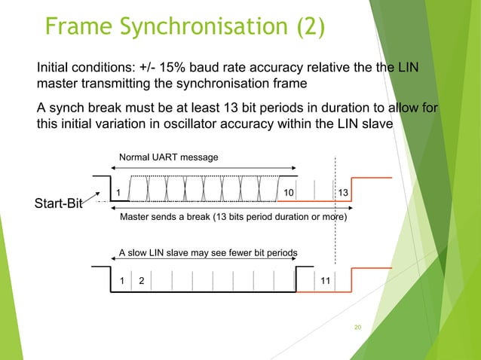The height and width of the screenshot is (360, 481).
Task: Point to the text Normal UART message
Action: point(168,157)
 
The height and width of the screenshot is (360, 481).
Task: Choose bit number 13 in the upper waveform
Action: point(344,194)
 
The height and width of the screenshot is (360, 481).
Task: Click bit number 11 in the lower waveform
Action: point(325,280)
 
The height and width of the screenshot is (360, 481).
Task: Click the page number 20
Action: point(358,327)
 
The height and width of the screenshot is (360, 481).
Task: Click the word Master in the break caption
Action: point(136,218)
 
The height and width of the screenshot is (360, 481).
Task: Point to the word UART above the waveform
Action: point(168,157)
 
